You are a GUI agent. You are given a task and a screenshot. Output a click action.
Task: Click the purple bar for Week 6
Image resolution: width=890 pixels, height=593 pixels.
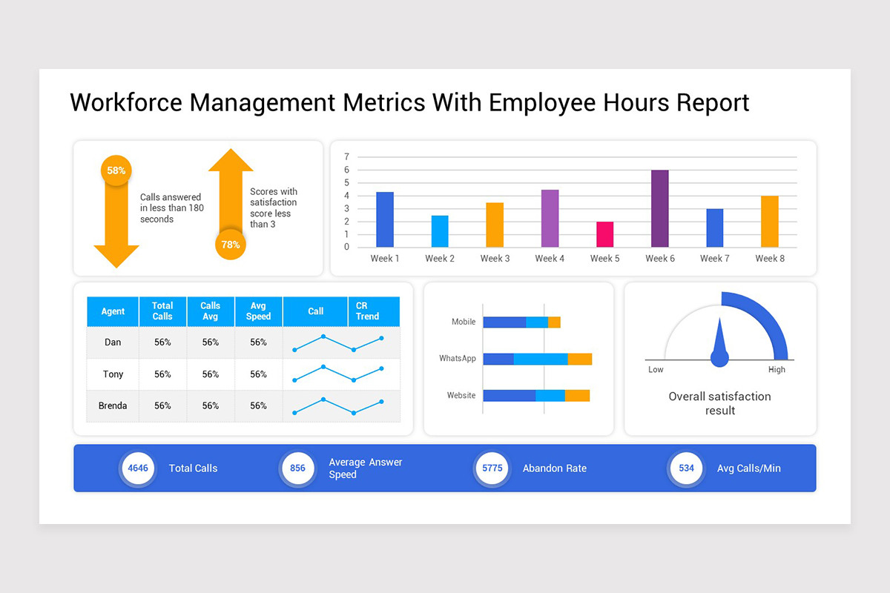[x=659, y=209]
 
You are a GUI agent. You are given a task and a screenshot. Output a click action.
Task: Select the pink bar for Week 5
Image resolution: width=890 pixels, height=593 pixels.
[x=604, y=234]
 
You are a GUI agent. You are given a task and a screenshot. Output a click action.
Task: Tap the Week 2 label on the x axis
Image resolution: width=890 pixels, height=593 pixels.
[x=440, y=259]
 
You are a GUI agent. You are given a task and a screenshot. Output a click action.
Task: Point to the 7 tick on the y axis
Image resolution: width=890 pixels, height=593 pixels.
[x=346, y=157]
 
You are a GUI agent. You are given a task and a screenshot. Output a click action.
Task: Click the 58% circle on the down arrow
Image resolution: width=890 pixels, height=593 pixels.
[x=116, y=170]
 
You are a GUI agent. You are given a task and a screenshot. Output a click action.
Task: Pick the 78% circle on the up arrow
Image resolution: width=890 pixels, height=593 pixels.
[x=231, y=245]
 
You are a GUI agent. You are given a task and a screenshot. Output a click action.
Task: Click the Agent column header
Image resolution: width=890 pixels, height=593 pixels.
[x=113, y=311]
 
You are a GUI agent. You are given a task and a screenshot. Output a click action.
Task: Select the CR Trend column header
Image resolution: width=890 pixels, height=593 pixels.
[x=367, y=311]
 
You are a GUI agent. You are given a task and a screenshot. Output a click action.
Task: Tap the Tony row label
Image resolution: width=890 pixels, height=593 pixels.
[x=113, y=374]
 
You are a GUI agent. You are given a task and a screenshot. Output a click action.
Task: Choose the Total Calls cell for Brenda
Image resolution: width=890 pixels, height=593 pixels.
[x=162, y=406]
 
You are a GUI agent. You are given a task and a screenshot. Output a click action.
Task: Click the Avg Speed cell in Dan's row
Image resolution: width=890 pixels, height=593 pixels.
[x=258, y=342]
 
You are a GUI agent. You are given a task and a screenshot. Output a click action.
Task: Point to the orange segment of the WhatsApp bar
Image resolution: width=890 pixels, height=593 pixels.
[x=580, y=359]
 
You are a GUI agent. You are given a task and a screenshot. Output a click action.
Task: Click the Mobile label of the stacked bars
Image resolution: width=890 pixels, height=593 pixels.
[x=464, y=322]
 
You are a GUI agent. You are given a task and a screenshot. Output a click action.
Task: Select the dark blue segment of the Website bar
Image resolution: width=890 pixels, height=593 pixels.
[x=509, y=396]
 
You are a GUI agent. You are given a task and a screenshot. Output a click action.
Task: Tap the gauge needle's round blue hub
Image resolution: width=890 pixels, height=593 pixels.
[x=719, y=359]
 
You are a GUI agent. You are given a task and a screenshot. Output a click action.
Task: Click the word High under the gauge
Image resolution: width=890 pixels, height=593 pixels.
[x=777, y=370]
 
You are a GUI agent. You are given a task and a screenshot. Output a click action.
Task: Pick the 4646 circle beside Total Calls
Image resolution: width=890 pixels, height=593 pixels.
[x=138, y=468]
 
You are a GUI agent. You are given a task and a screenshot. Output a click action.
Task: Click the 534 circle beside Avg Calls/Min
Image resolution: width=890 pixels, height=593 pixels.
[x=686, y=468]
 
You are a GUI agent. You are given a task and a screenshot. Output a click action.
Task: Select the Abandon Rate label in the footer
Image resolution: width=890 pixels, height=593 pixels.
[x=554, y=468]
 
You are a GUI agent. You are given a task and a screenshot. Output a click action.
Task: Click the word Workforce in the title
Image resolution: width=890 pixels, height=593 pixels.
[x=126, y=102]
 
